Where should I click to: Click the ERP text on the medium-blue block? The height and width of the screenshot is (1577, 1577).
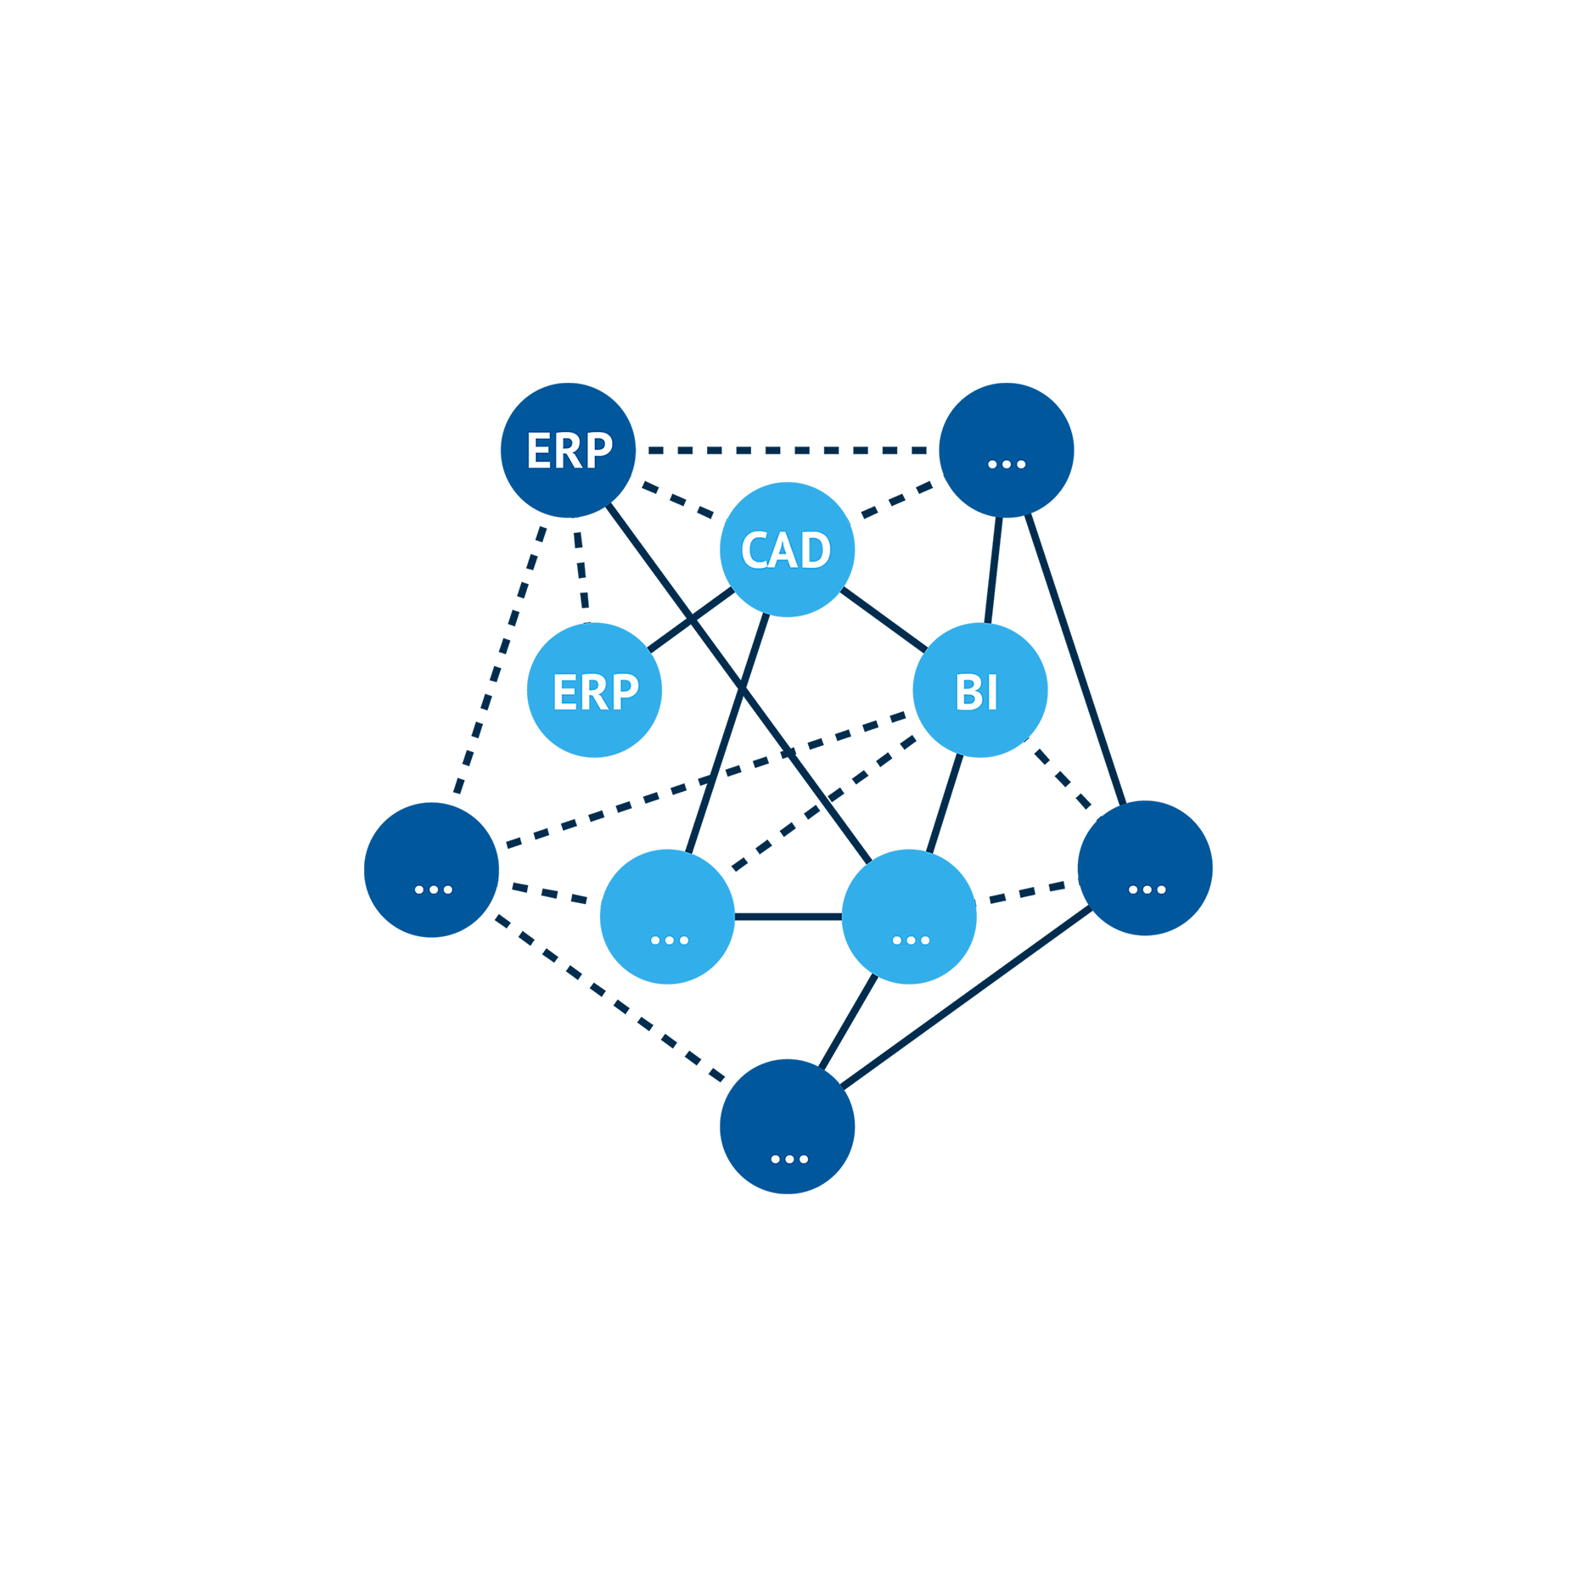pyautogui.click(x=570, y=451)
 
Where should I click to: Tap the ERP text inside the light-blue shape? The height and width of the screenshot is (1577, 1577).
pyautogui.click(x=596, y=693)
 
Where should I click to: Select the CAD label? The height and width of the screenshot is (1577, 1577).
pyautogui.click(x=786, y=550)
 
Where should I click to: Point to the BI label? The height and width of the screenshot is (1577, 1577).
pyautogui.click(x=976, y=693)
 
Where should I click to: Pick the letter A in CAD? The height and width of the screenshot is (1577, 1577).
pyautogui.click(x=785, y=550)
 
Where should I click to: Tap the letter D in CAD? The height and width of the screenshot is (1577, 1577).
pyautogui.click(x=816, y=550)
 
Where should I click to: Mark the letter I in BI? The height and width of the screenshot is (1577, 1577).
pyautogui.click(x=992, y=693)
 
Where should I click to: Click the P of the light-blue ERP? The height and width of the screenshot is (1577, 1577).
pyautogui.click(x=626, y=693)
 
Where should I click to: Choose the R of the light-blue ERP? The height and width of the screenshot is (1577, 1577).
pyautogui.click(x=595, y=693)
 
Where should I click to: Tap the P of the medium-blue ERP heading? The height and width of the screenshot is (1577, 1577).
pyautogui.click(x=599, y=451)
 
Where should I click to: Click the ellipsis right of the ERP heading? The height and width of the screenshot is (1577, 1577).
pyautogui.click(x=1007, y=464)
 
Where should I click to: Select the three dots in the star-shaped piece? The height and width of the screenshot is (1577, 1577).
pyautogui.click(x=911, y=940)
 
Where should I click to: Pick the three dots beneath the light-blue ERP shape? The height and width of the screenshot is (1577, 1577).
pyautogui.click(x=669, y=940)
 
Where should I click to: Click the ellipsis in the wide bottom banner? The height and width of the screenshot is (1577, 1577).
pyautogui.click(x=789, y=1159)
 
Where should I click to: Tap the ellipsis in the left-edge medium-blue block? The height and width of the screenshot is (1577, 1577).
pyautogui.click(x=433, y=890)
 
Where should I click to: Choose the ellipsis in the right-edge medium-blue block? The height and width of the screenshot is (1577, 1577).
pyautogui.click(x=1147, y=890)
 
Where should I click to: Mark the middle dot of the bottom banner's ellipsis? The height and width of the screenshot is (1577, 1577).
pyautogui.click(x=789, y=1159)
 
